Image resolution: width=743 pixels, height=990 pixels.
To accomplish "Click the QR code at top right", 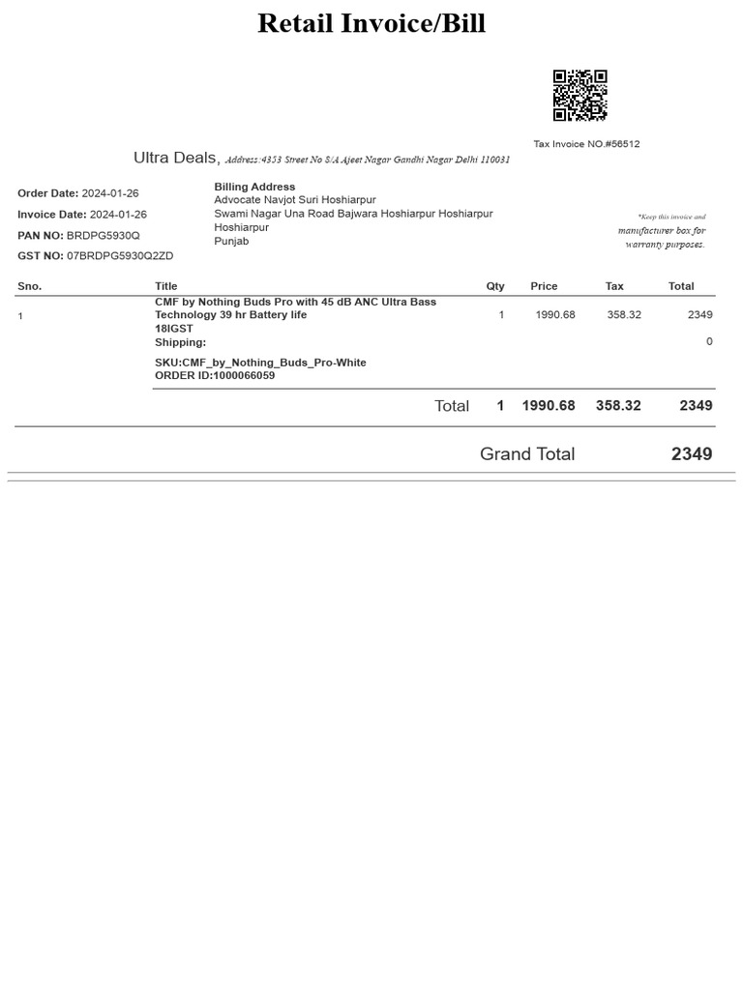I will point(580,95).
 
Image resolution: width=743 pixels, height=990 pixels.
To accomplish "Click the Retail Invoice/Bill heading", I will point(371,23).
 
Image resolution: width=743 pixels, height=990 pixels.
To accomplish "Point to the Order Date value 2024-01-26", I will point(110,193).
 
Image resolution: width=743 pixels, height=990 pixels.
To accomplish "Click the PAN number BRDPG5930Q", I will point(104,236).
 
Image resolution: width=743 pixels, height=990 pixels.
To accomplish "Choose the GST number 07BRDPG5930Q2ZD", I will point(120,256).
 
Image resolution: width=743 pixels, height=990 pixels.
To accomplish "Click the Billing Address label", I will point(254,187).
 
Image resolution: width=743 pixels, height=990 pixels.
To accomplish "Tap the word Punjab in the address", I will point(231,241).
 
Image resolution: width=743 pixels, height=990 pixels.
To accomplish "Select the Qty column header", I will point(495,286).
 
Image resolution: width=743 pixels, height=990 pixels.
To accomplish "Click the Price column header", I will point(544,286).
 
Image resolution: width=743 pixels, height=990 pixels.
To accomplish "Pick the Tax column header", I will point(614,286).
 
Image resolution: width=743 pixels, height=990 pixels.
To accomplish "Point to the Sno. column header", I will point(30,286).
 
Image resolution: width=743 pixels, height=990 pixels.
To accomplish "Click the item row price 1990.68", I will point(555,315).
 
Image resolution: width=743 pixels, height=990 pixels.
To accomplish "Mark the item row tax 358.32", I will point(624,315).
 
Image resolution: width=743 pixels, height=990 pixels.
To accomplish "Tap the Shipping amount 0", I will point(709,341).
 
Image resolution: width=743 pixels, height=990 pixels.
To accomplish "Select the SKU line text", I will point(260,363).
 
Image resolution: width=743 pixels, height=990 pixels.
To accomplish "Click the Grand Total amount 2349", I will point(692,453).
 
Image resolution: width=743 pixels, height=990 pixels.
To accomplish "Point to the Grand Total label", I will point(527,453).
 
